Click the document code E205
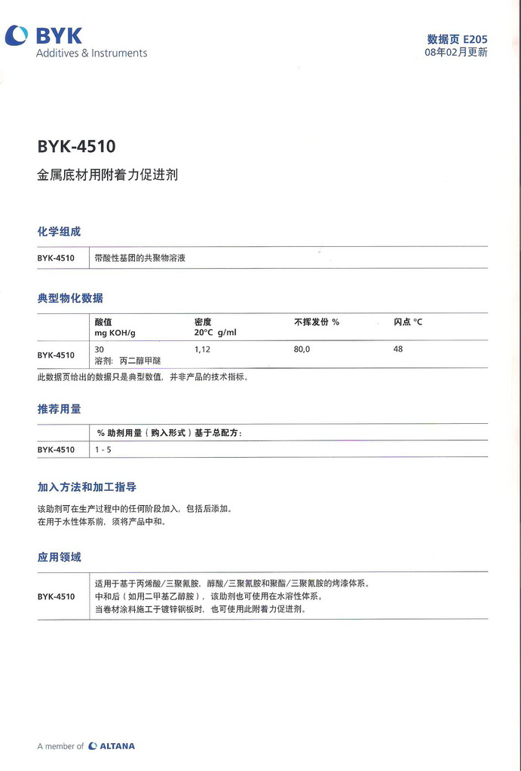[x=475, y=38]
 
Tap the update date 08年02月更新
[x=455, y=53]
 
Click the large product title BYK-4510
[x=76, y=146]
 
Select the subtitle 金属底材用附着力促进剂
[x=107, y=175]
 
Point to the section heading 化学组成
[x=59, y=231]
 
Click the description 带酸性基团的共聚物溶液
[x=140, y=258]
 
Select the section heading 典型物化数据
[x=70, y=298]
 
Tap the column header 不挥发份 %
[x=317, y=322]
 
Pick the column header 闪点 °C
[x=408, y=322]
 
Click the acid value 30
[x=100, y=349]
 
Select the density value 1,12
[x=202, y=349]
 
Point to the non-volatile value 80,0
[x=302, y=349]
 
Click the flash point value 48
[x=398, y=349]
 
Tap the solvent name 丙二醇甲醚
[x=140, y=361]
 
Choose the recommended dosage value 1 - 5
[x=103, y=449]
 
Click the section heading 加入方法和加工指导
[x=87, y=487]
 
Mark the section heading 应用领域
[x=59, y=557]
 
